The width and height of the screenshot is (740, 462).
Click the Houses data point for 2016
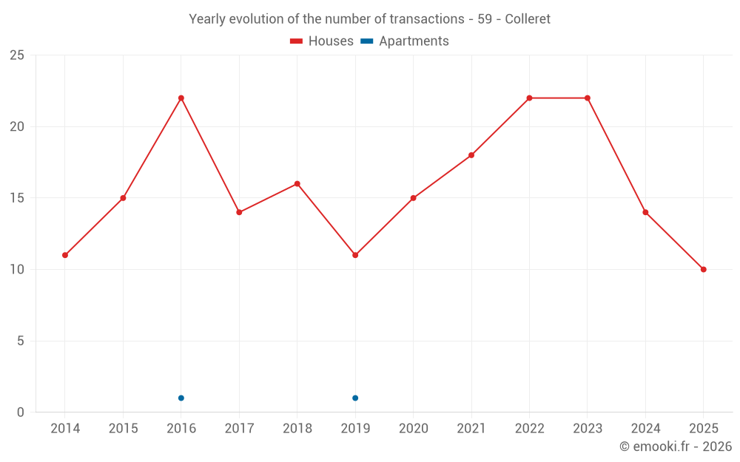click(x=181, y=98)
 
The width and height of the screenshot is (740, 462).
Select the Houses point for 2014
click(x=65, y=255)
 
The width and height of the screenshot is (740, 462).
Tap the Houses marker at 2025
click(x=704, y=269)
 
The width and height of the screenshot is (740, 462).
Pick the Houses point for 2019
click(x=355, y=255)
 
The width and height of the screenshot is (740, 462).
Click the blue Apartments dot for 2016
click(x=181, y=398)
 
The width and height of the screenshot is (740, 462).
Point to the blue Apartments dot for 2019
click(x=355, y=398)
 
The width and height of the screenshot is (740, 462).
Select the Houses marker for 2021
click(x=471, y=155)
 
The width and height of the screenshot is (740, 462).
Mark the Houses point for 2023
click(x=588, y=98)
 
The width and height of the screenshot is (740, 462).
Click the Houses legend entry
click(x=322, y=41)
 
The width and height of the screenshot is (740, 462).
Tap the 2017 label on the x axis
click(x=239, y=429)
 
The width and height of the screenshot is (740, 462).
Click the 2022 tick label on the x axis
click(x=529, y=429)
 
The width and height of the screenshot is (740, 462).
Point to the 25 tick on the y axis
click(x=17, y=55)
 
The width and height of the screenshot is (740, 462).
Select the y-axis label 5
click(x=21, y=341)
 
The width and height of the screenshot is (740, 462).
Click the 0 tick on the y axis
click(x=21, y=412)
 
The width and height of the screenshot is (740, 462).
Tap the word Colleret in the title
click(x=528, y=19)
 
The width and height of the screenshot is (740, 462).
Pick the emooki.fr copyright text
click(x=676, y=446)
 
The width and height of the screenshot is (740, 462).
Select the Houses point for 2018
click(x=297, y=183)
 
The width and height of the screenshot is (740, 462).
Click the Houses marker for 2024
click(x=645, y=212)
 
